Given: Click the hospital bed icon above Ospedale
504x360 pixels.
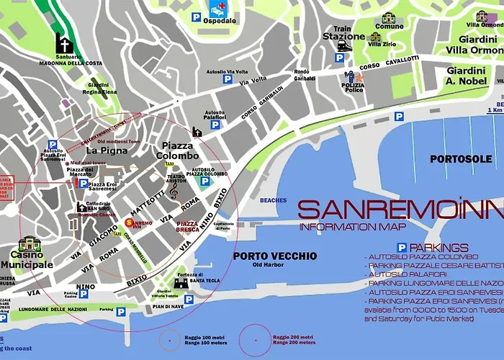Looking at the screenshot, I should [217, 9].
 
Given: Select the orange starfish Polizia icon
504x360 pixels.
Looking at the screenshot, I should [354, 76].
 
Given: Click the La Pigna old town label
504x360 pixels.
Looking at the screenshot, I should [107, 150].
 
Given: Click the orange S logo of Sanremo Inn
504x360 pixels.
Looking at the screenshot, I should [130, 223].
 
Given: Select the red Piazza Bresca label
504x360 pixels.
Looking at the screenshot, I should [188, 228].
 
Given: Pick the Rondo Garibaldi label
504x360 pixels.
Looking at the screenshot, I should [302, 76].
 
